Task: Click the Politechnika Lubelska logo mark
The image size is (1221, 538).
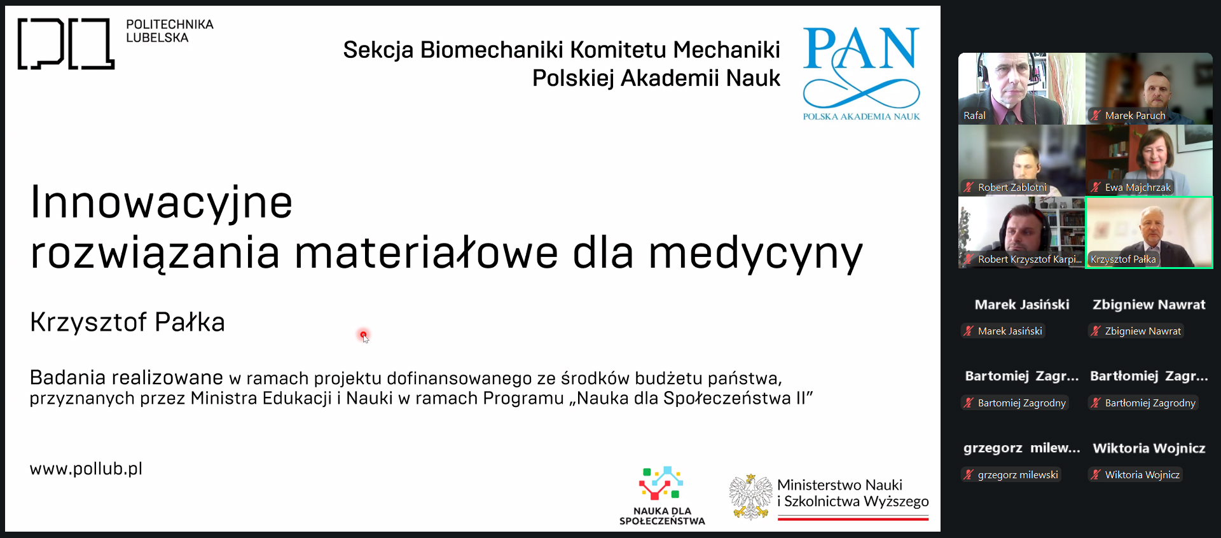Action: click(66, 43)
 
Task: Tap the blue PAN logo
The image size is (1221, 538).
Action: click(861, 73)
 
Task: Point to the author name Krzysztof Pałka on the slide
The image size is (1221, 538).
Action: click(127, 322)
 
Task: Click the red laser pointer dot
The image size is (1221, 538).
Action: click(363, 335)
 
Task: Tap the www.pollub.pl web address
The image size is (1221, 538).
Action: click(86, 469)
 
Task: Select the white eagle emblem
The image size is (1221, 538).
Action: click(750, 497)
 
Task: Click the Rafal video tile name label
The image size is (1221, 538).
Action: click(974, 116)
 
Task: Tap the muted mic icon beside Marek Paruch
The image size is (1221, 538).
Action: click(1096, 115)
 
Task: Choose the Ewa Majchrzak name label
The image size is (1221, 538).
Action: click(1138, 188)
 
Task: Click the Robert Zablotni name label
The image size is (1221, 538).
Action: click(1012, 188)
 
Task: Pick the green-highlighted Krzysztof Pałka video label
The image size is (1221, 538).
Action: click(1123, 259)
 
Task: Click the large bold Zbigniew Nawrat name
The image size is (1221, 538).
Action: click(1149, 305)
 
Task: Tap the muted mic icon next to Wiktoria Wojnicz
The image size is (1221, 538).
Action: click(1096, 474)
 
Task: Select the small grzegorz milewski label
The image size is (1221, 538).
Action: click(1018, 475)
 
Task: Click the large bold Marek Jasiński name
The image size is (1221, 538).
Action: click(1022, 305)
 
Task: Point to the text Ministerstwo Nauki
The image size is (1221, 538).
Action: click(839, 485)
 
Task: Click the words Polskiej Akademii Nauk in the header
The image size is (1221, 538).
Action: click(656, 78)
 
